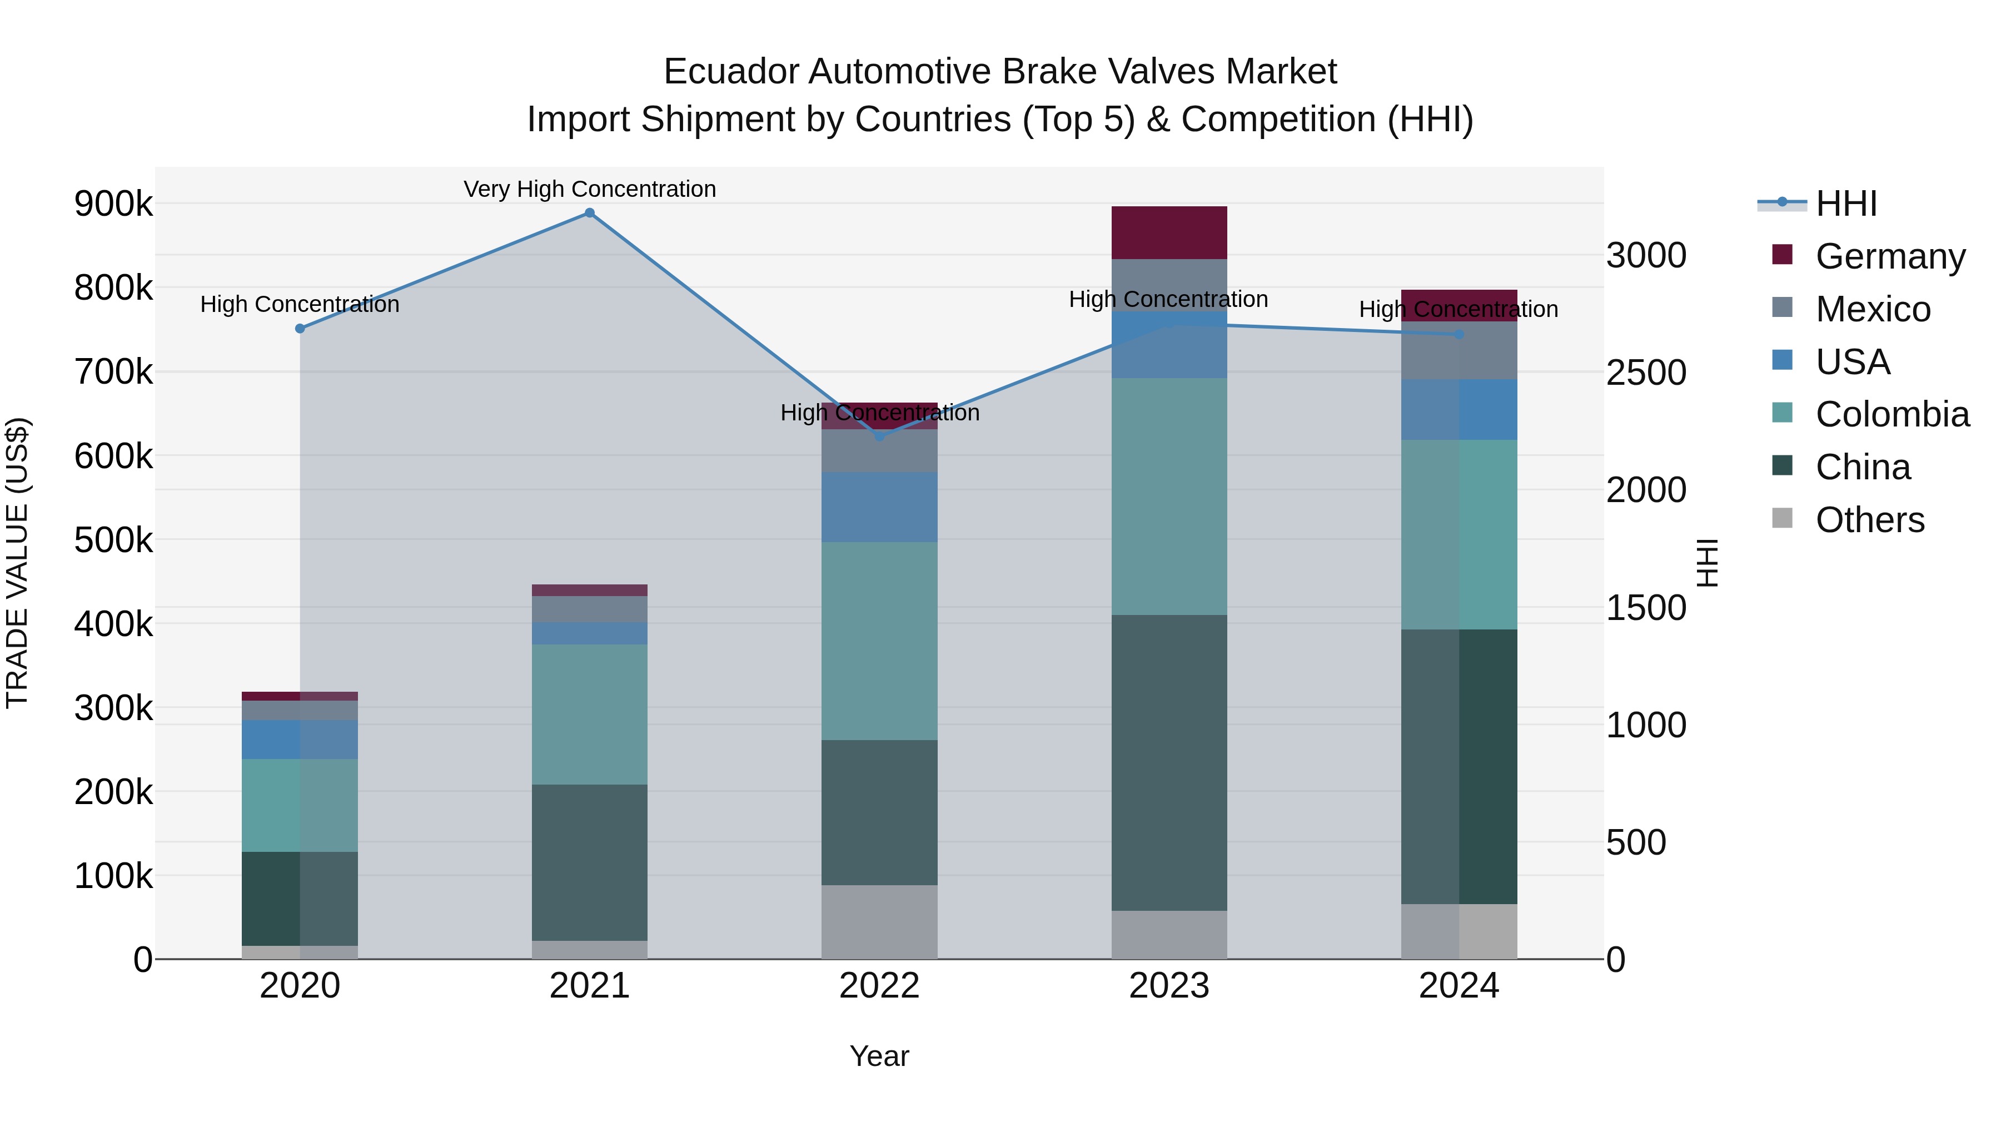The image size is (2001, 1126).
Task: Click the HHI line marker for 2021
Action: pyautogui.click(x=590, y=213)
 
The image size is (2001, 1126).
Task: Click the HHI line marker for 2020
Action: pyautogui.click(x=300, y=329)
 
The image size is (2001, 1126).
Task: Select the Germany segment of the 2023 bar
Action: pyautogui.click(x=1169, y=232)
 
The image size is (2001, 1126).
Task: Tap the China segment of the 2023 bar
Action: pyautogui.click(x=1169, y=762)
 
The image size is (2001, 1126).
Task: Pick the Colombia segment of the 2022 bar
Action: pyautogui.click(x=879, y=641)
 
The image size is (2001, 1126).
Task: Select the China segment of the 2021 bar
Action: pyautogui.click(x=590, y=862)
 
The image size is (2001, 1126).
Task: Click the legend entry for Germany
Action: pyautogui.click(x=1890, y=256)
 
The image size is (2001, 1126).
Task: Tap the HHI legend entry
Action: pyautogui.click(x=1845, y=204)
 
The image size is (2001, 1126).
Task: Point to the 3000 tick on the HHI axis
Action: pyautogui.click(x=1646, y=256)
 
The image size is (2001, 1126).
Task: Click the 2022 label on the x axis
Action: pyautogui.click(x=879, y=986)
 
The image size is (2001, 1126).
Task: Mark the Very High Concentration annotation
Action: pyautogui.click(x=590, y=189)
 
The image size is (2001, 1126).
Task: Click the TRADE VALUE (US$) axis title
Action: pyautogui.click(x=17, y=563)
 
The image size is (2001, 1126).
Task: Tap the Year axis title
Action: pyautogui.click(x=879, y=1056)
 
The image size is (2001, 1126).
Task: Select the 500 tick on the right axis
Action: pyautogui.click(x=1636, y=842)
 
